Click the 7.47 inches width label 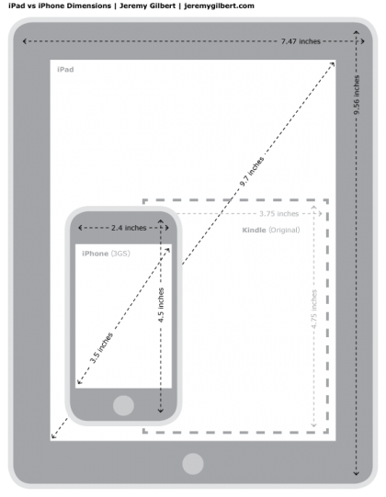pos(301,41)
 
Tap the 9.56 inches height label pos(357,95)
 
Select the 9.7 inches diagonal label pos(252,171)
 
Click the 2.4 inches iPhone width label pos(129,228)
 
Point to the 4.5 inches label pos(161,305)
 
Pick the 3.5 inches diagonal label pos(101,347)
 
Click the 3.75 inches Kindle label pos(279,214)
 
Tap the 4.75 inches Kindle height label pos(314,309)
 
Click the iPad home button pos(193,464)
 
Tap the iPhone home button pos(123,405)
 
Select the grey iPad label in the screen pos(65,70)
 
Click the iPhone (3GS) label pos(106,254)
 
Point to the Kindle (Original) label pos(271,230)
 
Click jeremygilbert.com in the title pos(219,6)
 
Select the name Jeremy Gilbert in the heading pos(147,6)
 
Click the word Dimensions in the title pos(89,6)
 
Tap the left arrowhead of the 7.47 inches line pos(25,41)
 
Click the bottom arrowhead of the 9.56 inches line pos(357,473)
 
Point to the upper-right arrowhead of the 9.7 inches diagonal pos(332,64)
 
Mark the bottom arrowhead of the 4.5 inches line pos(161,411)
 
